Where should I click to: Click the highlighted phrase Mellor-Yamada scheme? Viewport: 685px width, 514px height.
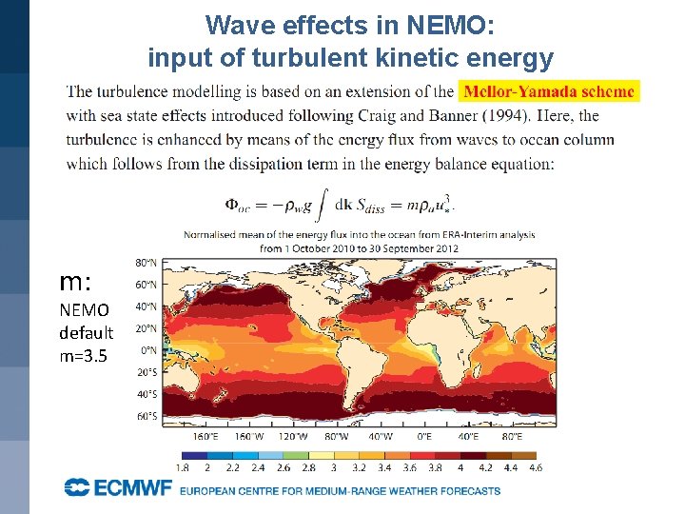click(550, 91)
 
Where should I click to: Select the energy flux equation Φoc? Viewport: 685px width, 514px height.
click(340, 203)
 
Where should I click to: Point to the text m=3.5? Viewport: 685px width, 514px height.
click(86, 355)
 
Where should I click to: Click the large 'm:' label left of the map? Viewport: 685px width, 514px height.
click(75, 282)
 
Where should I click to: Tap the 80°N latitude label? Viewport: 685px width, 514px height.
click(146, 262)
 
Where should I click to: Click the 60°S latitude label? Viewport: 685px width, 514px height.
click(146, 417)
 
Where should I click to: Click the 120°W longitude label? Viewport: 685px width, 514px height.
click(292, 436)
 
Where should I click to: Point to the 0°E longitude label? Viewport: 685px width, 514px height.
click(424, 436)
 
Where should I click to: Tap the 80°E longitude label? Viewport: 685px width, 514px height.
click(512, 436)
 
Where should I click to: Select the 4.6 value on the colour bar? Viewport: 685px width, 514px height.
click(535, 467)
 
